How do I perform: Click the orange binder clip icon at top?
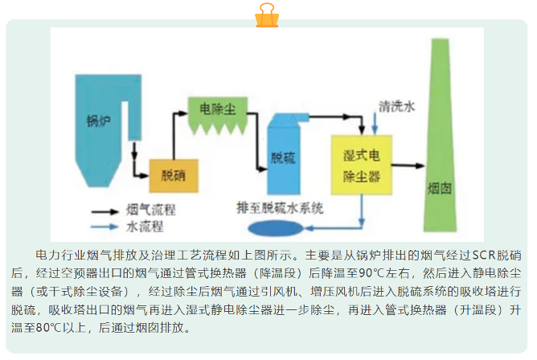pos(268,15)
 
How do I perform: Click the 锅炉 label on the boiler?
pos(96,122)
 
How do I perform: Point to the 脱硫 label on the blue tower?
pos(284,157)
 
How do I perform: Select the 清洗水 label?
pos(398,105)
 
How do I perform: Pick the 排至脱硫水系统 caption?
pos(280,208)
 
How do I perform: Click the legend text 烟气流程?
pos(150,211)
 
